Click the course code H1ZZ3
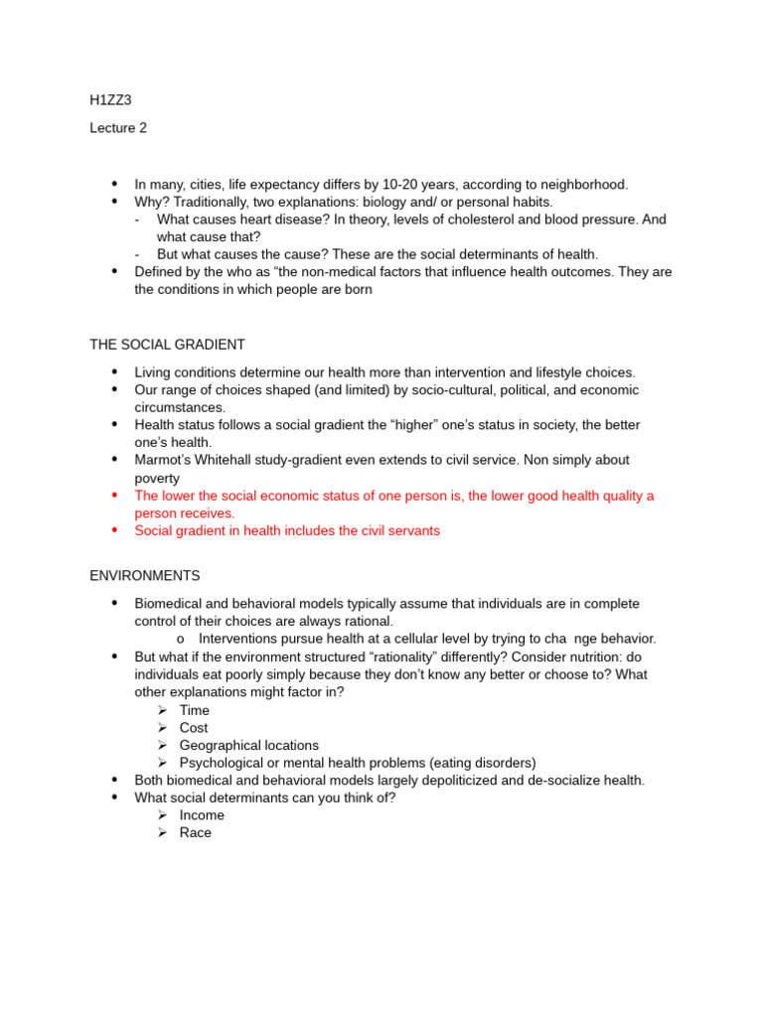[110, 100]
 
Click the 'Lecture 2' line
[118, 128]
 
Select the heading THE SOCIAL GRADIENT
[167, 345]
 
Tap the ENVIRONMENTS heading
[145, 576]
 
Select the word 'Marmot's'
[163, 460]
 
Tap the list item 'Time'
[195, 710]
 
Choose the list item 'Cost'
[195, 728]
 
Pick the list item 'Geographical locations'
[249, 746]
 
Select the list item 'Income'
[202, 815]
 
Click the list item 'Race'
[196, 833]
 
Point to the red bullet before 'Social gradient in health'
[115, 530]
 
